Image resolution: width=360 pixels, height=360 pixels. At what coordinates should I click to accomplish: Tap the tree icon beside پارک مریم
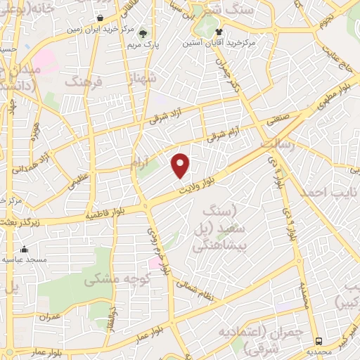click(143, 33)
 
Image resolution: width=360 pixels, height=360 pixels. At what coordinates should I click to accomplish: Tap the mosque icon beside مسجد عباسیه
click(25, 249)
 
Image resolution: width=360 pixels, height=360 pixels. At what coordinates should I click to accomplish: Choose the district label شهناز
click(135, 75)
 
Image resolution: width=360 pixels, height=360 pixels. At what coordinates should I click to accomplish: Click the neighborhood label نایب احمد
click(326, 192)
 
